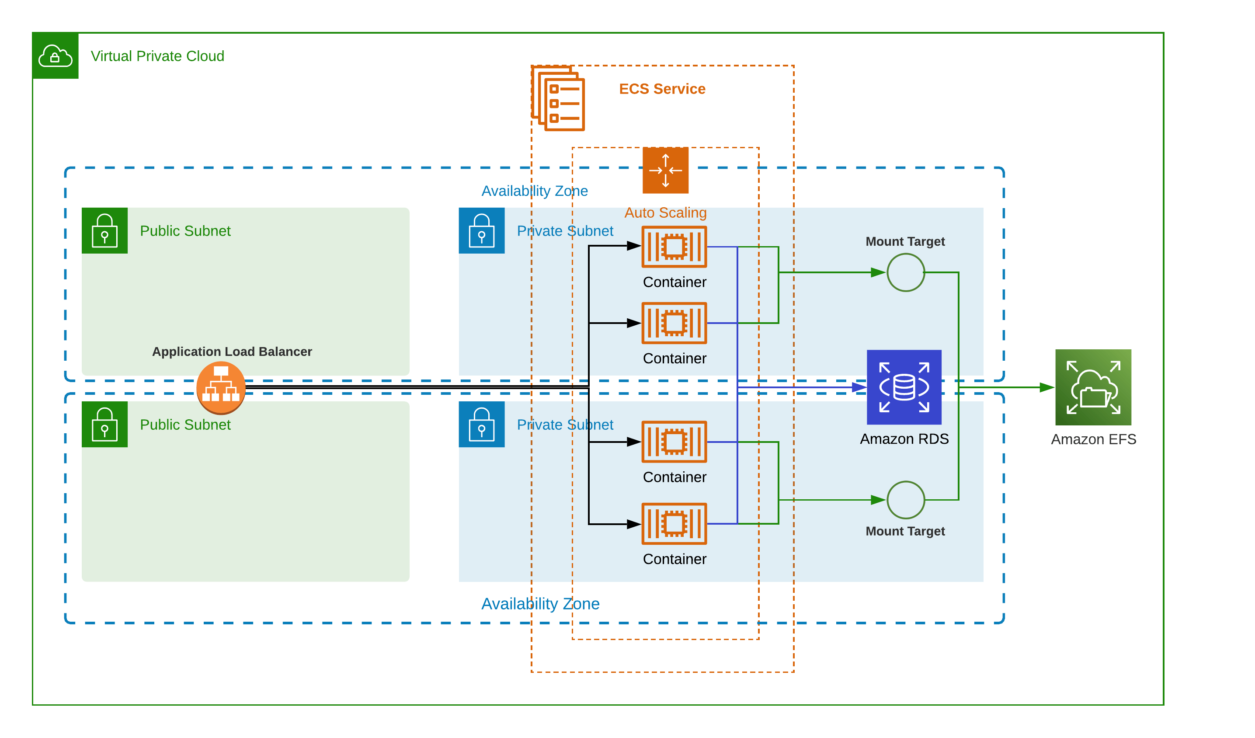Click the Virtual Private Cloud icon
55,56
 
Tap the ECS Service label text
662,89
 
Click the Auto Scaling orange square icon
665,171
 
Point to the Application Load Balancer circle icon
221,388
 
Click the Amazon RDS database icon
904,387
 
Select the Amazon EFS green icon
1093,387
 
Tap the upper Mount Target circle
905,272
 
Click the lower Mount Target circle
905,500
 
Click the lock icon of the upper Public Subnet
104,230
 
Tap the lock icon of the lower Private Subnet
481,424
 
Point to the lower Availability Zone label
540,603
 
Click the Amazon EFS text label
1093,439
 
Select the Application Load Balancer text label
232,352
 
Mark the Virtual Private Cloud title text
157,56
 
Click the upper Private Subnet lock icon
481,230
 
